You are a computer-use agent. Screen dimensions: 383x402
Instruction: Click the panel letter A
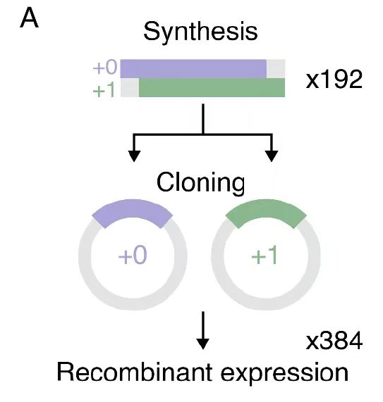coord(30,19)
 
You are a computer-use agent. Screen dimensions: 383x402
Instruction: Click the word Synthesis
coord(200,31)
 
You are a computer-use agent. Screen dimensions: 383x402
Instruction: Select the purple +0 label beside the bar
coord(105,67)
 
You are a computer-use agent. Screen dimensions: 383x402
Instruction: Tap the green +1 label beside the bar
coord(104,90)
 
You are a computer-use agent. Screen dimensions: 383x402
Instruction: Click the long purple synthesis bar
coord(193,68)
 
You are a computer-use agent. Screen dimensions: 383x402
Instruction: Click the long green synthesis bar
coord(212,88)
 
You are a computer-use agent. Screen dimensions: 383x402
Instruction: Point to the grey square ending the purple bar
coord(276,68)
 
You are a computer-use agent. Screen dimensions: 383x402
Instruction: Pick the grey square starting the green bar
coord(130,88)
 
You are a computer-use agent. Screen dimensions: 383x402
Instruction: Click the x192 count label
coord(334,80)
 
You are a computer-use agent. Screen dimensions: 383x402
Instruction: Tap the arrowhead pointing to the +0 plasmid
coord(134,156)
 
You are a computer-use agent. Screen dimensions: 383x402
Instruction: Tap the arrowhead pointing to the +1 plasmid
coord(272,156)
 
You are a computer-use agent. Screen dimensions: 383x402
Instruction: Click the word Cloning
coord(200,182)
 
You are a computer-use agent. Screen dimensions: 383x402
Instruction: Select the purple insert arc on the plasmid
coord(133,211)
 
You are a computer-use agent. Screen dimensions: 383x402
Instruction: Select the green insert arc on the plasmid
coord(266,211)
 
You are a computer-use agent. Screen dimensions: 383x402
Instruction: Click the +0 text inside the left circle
coord(133,255)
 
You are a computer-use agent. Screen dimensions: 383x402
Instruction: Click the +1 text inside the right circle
coord(265,255)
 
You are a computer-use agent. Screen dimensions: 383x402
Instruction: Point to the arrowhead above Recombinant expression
coord(203,344)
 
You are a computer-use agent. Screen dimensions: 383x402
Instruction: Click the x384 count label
coord(334,341)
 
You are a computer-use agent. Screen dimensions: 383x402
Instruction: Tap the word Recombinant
coord(134,372)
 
